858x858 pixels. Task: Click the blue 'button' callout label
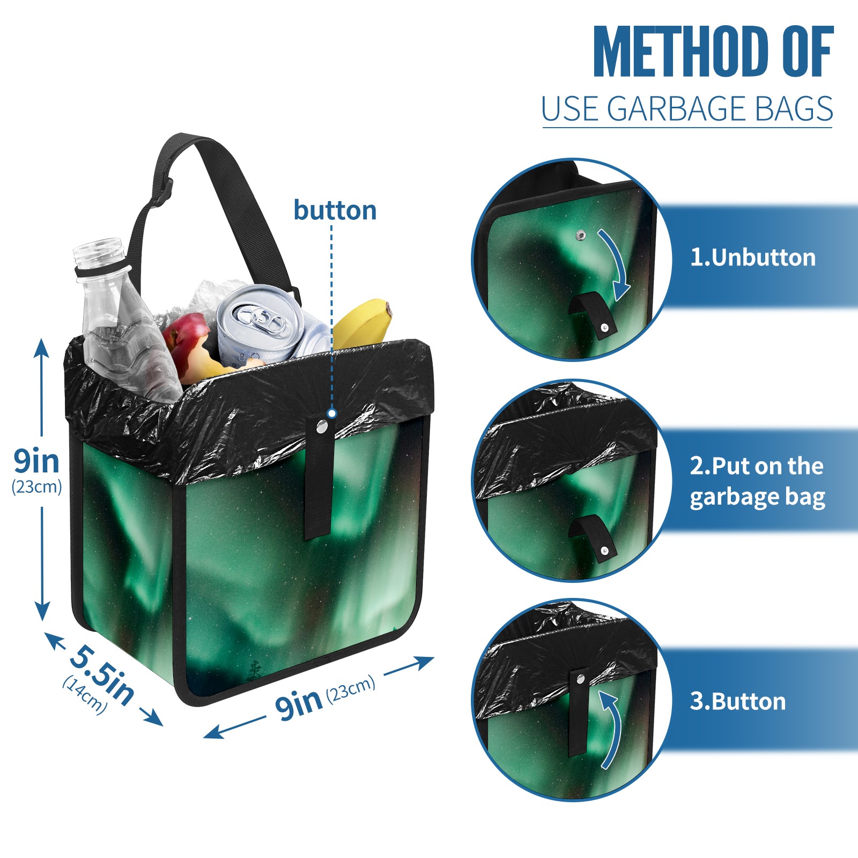(x=335, y=210)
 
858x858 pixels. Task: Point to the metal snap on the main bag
(x=322, y=427)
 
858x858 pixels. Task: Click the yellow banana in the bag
(x=363, y=322)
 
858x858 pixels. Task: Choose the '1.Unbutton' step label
(x=753, y=257)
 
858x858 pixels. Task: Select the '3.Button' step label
(x=738, y=701)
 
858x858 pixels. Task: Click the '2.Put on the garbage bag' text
(x=757, y=482)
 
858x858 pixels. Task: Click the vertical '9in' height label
(x=36, y=461)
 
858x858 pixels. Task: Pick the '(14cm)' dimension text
(x=85, y=695)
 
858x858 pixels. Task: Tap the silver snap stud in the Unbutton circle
(x=581, y=235)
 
